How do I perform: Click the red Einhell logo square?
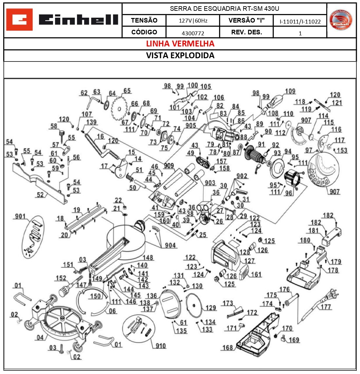tap(19, 20)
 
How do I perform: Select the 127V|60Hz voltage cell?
tap(193, 21)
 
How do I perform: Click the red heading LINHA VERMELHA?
tap(180, 44)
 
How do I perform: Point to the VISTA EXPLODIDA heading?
tap(180, 55)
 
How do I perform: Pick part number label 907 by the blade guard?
tap(334, 191)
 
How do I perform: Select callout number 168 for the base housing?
tap(227, 347)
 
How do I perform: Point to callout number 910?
tap(161, 346)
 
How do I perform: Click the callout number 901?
tap(20, 216)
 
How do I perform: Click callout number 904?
tap(170, 245)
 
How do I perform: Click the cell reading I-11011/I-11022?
tap(300, 22)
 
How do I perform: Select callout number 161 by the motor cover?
tap(256, 274)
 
